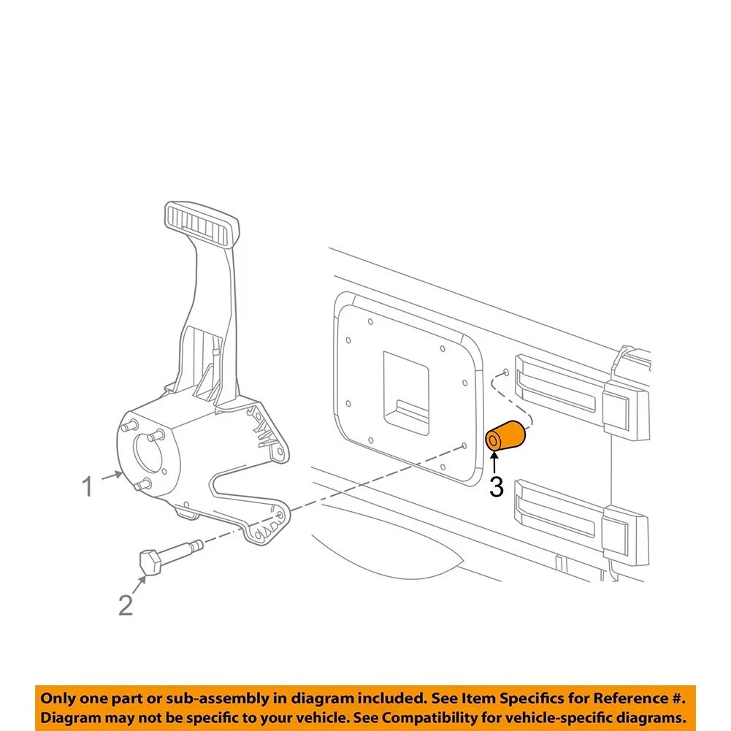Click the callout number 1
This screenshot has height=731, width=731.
[x=87, y=486]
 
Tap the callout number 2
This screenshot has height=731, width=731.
[x=126, y=605]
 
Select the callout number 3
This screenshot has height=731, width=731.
[x=497, y=486]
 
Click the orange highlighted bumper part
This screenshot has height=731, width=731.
[x=506, y=435]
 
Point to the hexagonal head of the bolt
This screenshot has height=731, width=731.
[x=150, y=562]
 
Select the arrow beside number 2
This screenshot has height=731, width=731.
[x=139, y=585]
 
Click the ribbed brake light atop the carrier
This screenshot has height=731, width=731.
[x=202, y=223]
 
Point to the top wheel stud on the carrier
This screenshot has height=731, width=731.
[x=129, y=425]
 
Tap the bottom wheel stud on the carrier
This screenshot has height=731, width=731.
[x=142, y=484]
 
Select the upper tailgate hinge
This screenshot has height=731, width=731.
[x=581, y=397]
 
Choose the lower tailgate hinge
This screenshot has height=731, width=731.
[x=581, y=520]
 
